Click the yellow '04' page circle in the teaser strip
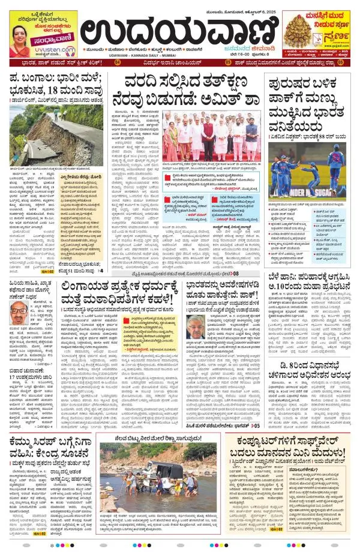(x=117, y=62)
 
